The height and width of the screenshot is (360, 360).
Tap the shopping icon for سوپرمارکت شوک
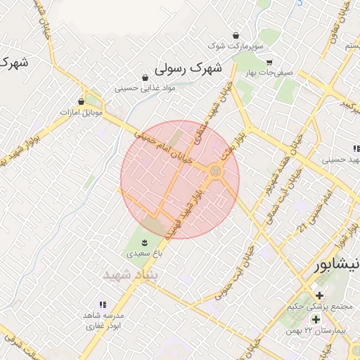tap(236, 35)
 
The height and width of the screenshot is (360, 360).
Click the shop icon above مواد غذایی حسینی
tap(145, 78)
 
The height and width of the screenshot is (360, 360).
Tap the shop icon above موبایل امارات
tap(82, 101)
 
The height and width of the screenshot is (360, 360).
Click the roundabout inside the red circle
tap(215, 171)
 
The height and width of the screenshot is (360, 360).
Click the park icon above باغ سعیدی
tap(145, 243)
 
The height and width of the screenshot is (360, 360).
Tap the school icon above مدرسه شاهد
tap(103, 304)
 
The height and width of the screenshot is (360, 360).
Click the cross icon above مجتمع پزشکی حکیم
tap(320, 295)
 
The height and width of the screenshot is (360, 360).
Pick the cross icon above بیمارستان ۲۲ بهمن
tap(316, 319)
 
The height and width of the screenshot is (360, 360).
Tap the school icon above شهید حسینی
tap(356, 149)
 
